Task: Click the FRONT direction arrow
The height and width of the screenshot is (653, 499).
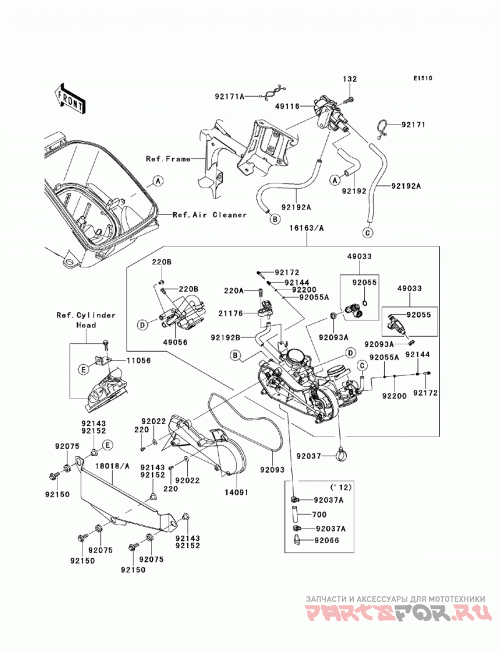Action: (x=70, y=98)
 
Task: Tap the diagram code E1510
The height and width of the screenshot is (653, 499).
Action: (x=423, y=78)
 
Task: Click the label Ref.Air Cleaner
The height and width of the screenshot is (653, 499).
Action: (x=210, y=215)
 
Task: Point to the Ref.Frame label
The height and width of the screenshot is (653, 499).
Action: (x=168, y=158)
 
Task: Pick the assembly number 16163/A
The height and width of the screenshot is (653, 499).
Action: (x=307, y=228)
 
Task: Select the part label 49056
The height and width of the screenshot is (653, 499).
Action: (x=175, y=342)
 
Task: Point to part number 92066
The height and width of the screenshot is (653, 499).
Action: (x=327, y=541)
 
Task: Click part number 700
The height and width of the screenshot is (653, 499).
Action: (x=319, y=515)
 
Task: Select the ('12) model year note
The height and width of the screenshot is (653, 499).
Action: (x=341, y=487)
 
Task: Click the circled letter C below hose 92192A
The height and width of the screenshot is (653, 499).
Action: (x=367, y=233)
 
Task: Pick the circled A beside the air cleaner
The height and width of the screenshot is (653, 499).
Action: (x=157, y=181)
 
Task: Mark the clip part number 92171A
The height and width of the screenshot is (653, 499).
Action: (x=230, y=97)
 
